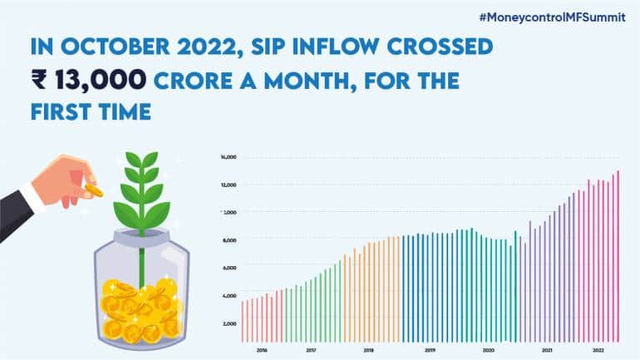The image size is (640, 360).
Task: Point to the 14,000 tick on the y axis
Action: (x=229, y=156)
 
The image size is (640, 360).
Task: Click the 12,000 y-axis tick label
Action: (x=229, y=185)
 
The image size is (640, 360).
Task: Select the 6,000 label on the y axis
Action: (x=229, y=268)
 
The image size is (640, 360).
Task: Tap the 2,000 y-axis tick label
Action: (x=229, y=323)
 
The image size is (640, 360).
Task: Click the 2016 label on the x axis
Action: (x=262, y=351)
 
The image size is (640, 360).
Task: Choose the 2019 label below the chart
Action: (x=430, y=351)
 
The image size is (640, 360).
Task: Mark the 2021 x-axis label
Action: (x=547, y=351)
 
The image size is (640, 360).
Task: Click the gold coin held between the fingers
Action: (x=94, y=191)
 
